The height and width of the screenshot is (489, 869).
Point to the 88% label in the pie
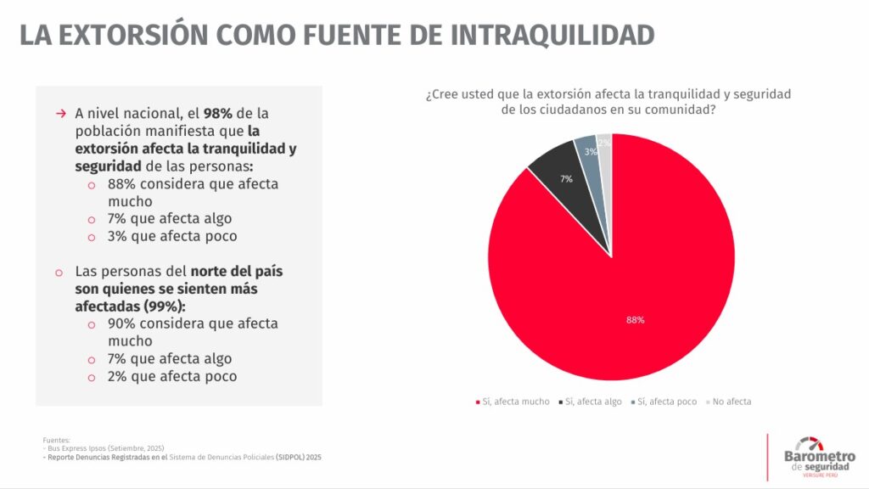[x=635, y=320]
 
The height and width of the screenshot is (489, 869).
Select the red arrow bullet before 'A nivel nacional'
[x=60, y=114]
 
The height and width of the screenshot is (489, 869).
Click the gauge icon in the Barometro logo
[x=810, y=443]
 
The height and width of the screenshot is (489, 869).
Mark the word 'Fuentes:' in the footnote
[x=56, y=440]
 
